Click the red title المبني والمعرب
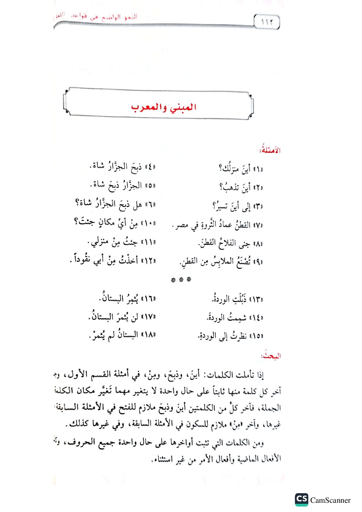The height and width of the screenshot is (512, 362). [164, 107]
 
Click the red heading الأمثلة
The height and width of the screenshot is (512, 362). [270, 150]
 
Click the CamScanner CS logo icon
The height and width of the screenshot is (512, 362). [301, 499]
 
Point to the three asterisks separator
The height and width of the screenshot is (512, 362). [181, 280]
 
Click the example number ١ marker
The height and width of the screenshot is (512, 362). [259, 169]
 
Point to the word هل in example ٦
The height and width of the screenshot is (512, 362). [137, 205]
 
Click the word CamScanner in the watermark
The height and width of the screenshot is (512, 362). [330, 500]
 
